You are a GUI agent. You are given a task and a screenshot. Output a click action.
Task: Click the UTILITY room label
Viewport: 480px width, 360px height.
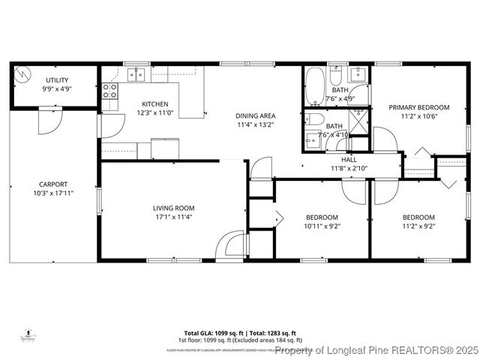pyautogui.click(x=57, y=79)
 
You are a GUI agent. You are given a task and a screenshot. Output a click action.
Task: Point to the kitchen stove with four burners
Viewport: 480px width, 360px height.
pyautogui.click(x=109, y=91)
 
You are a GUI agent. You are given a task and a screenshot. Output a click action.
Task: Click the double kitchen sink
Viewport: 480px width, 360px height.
pyautogui.click(x=136, y=73)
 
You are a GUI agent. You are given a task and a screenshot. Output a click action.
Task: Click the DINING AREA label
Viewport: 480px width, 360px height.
pyautogui.click(x=255, y=115)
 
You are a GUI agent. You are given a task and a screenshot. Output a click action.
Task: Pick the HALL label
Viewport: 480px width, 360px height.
pyautogui.click(x=349, y=160)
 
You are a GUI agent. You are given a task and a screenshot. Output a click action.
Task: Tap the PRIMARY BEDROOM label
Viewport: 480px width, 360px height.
pyautogui.click(x=418, y=107)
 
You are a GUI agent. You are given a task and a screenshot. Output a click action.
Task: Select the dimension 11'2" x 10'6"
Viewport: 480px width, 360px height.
pyautogui.click(x=418, y=116)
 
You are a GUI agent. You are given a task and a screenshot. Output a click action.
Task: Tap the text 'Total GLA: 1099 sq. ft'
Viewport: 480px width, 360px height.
pyautogui.click(x=211, y=333)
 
